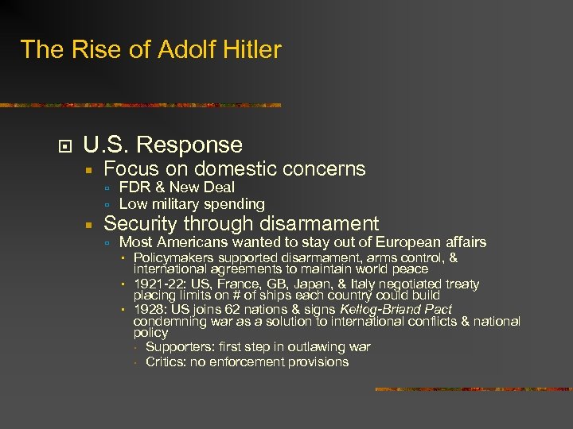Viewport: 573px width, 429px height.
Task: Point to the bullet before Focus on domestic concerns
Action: [91, 169]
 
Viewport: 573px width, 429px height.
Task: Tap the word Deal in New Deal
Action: [219, 187]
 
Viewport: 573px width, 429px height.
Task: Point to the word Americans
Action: [189, 242]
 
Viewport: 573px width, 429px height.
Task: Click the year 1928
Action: [150, 309]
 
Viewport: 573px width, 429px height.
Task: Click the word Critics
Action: [166, 362]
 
